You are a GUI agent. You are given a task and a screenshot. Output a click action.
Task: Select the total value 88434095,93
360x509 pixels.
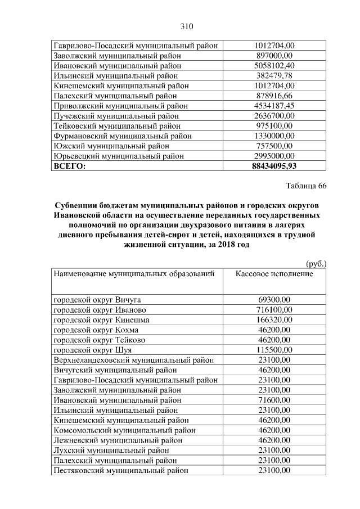pos(274,166)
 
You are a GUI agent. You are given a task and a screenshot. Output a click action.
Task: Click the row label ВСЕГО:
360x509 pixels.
pos(69,166)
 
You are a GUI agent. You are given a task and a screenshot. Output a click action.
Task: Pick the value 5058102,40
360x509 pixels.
pos(274,66)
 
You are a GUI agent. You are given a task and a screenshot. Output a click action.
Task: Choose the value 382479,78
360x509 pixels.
pos(274,76)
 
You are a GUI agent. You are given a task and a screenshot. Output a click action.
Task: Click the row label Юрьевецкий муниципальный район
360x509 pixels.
pos(119,156)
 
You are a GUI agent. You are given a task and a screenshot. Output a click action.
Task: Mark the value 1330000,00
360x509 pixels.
pos(274,136)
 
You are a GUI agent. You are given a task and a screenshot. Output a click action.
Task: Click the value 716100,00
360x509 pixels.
pos(274,310)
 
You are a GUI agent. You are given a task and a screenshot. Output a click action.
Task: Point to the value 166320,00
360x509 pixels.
pos(274,320)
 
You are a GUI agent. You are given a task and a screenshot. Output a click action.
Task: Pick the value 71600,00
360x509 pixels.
pos(274,400)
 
